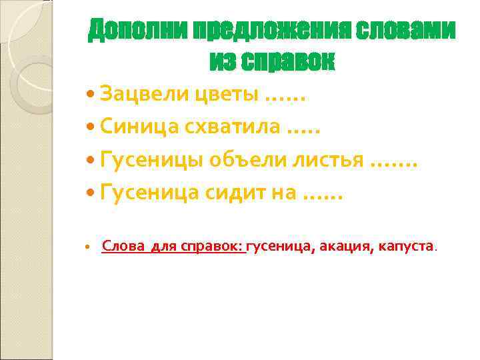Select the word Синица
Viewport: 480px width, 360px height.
134,128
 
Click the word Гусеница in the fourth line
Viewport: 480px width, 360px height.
147,193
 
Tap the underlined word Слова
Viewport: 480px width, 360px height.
123,247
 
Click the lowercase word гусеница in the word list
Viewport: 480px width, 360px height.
278,247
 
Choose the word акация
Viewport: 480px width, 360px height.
345,247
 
